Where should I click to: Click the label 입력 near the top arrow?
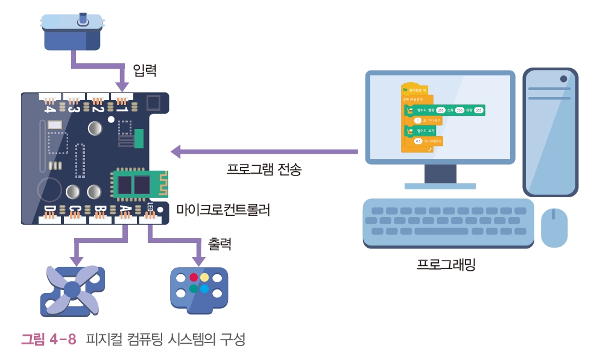[x=145, y=70]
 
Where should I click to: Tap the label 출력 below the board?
[x=220, y=244]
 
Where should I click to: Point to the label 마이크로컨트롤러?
[x=223, y=210]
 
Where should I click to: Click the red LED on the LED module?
[x=194, y=277]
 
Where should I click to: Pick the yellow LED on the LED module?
[x=205, y=277]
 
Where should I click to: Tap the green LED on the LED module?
[x=194, y=289]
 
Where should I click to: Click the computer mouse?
[x=554, y=227]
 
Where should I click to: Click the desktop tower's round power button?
[x=563, y=78]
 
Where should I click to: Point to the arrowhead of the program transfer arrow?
[x=176, y=151]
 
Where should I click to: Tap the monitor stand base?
[x=440, y=186]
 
